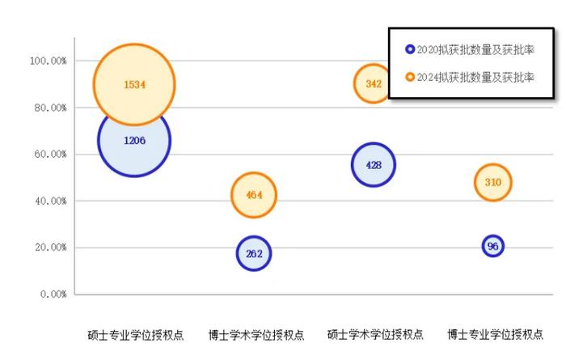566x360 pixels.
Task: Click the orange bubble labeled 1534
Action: [134, 84]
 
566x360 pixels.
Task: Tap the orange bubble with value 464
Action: [254, 195]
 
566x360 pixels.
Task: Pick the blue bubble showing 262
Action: [254, 253]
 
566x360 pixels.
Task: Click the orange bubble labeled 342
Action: [374, 84]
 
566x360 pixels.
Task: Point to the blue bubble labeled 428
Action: [374, 165]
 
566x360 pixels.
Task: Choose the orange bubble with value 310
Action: [492, 182]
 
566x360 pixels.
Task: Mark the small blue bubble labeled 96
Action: [492, 246]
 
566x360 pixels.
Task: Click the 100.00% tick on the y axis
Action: [49, 61]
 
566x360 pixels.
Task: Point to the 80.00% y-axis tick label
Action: [50, 108]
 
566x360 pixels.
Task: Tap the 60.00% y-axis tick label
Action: [50, 155]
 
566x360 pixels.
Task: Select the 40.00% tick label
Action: [50, 201]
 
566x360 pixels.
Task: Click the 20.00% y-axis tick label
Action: [50, 248]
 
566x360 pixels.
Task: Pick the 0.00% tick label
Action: [53, 294]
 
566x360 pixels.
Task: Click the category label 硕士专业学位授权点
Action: [136, 335]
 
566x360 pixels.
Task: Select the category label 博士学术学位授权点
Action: [256, 335]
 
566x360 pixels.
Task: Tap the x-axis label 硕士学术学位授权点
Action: [375, 335]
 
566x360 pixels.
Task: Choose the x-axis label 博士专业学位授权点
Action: [495, 335]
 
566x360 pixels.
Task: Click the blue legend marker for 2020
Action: [410, 49]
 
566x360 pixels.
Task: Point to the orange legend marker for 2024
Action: [410, 77]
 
